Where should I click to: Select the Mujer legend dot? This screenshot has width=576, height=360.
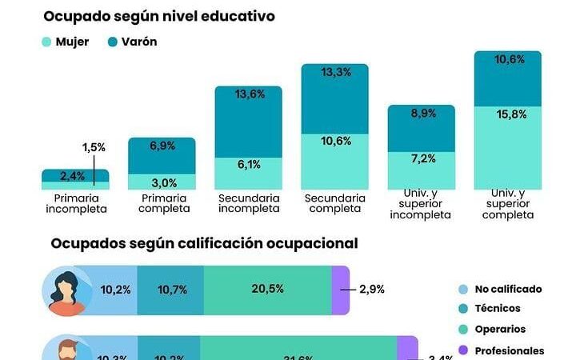[48, 42]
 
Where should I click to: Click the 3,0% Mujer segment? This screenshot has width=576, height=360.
[162, 182]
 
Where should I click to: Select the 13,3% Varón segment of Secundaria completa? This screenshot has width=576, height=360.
[334, 100]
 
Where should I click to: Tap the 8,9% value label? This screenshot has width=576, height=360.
[421, 114]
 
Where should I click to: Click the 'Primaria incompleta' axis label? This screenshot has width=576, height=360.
[75, 203]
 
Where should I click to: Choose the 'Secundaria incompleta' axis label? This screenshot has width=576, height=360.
[248, 203]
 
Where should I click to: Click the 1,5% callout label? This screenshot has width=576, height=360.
[94, 148]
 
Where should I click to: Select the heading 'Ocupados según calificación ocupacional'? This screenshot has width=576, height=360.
[205, 243]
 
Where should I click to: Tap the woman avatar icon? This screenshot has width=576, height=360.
[69, 290]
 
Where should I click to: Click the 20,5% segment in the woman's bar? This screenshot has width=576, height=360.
[267, 290]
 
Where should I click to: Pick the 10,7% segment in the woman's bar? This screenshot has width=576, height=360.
[170, 290]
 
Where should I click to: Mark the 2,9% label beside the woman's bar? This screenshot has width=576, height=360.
[371, 289]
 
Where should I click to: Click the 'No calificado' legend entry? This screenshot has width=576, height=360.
[508, 289]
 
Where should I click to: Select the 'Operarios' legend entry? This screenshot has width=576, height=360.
[500, 329]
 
